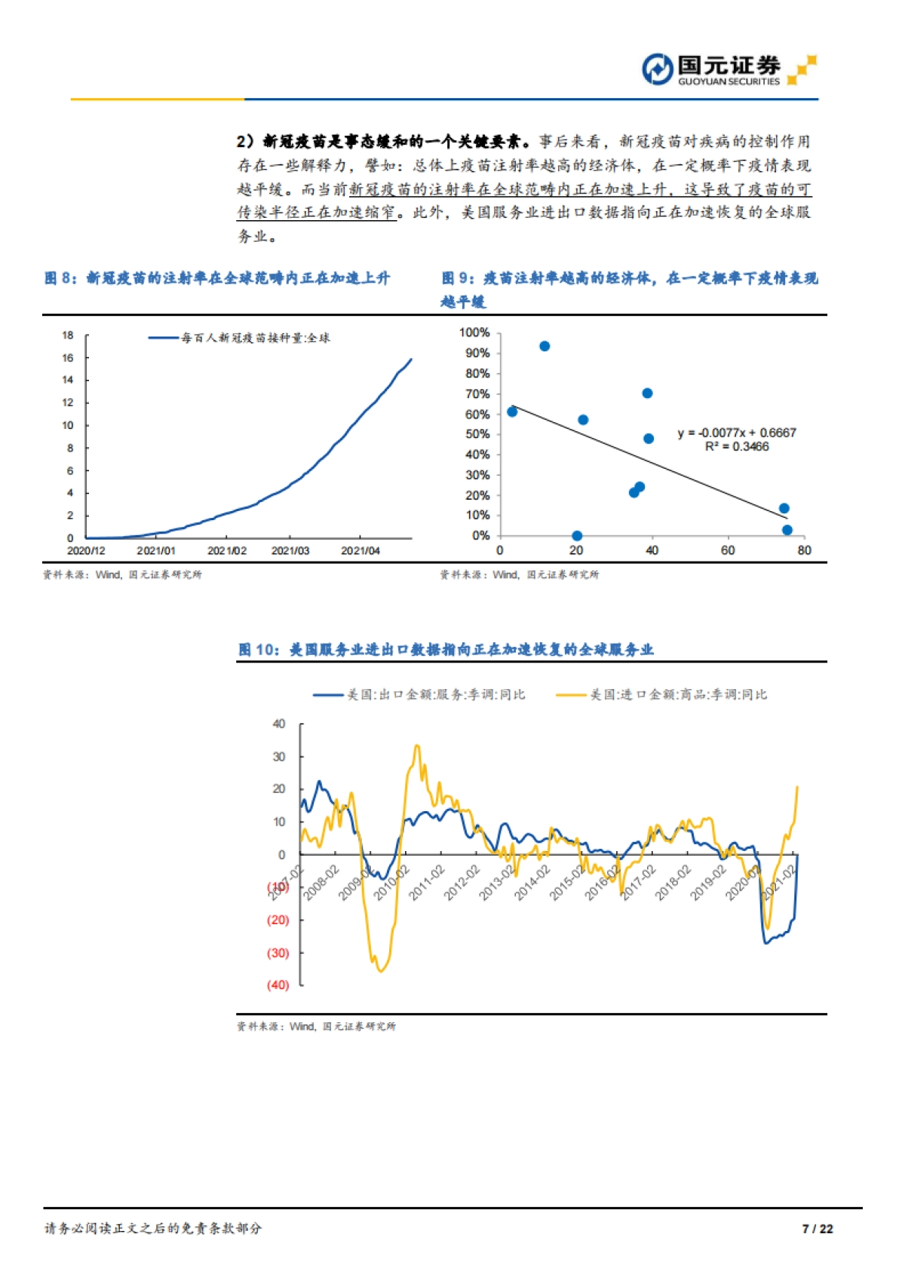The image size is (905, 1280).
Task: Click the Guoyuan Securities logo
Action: (x=728, y=70)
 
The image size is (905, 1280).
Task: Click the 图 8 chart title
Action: (x=217, y=278)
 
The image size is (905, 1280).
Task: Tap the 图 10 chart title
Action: (x=446, y=650)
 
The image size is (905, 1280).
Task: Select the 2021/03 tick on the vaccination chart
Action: (x=290, y=551)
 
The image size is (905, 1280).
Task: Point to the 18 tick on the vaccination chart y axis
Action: (x=68, y=335)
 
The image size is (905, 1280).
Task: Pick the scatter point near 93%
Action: (x=545, y=346)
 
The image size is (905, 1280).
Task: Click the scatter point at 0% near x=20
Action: (x=577, y=536)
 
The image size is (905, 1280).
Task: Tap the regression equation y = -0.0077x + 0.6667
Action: (x=736, y=433)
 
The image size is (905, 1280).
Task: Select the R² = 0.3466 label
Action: (x=736, y=447)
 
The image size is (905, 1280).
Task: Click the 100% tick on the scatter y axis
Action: (x=474, y=332)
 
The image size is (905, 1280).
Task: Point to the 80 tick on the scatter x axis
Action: (x=804, y=551)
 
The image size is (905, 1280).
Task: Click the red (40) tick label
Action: (x=278, y=985)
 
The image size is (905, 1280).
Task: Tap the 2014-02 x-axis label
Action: (x=532, y=882)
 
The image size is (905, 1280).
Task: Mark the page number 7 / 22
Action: (x=818, y=1229)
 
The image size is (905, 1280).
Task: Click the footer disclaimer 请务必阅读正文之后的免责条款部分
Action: (x=153, y=1229)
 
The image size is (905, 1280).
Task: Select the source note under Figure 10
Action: (x=316, y=1027)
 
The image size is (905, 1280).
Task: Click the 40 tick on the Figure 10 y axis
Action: (x=279, y=724)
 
